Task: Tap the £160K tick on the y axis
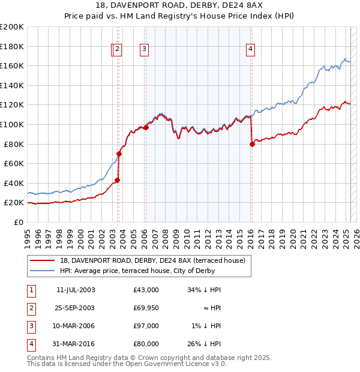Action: [x=12, y=65]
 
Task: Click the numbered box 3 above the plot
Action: [x=145, y=50]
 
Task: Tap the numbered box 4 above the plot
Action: [x=250, y=50]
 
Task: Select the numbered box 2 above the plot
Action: [x=118, y=50]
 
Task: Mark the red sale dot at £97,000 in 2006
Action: [x=146, y=127]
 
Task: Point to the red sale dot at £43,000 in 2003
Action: [x=118, y=180]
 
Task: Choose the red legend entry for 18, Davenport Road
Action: [x=152, y=260]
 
